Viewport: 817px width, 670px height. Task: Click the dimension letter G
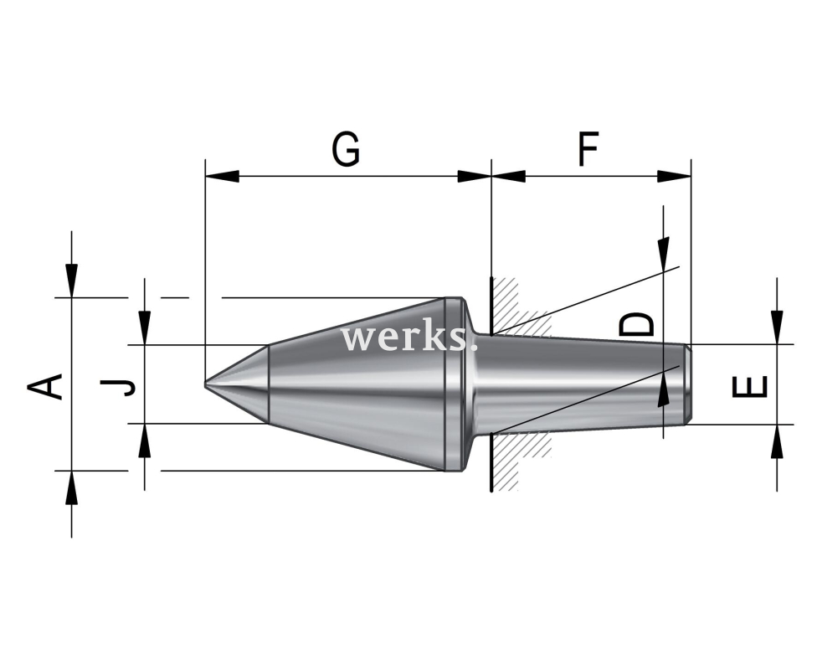click(x=346, y=150)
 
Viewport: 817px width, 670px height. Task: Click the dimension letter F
click(x=588, y=150)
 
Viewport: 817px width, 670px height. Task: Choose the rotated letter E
click(x=750, y=386)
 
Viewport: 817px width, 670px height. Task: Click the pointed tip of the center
click(x=208, y=384)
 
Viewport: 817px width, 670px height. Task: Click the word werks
click(x=409, y=338)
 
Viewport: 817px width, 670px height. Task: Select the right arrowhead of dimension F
click(x=676, y=177)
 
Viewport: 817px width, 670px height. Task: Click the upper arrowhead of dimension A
click(x=72, y=280)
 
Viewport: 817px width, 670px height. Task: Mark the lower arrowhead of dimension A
click(x=72, y=487)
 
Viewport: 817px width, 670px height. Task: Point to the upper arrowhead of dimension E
click(x=778, y=327)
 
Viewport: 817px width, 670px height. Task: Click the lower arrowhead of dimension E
click(x=778, y=441)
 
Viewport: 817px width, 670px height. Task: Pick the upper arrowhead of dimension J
click(x=145, y=327)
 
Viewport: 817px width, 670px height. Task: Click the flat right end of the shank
click(x=688, y=384)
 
